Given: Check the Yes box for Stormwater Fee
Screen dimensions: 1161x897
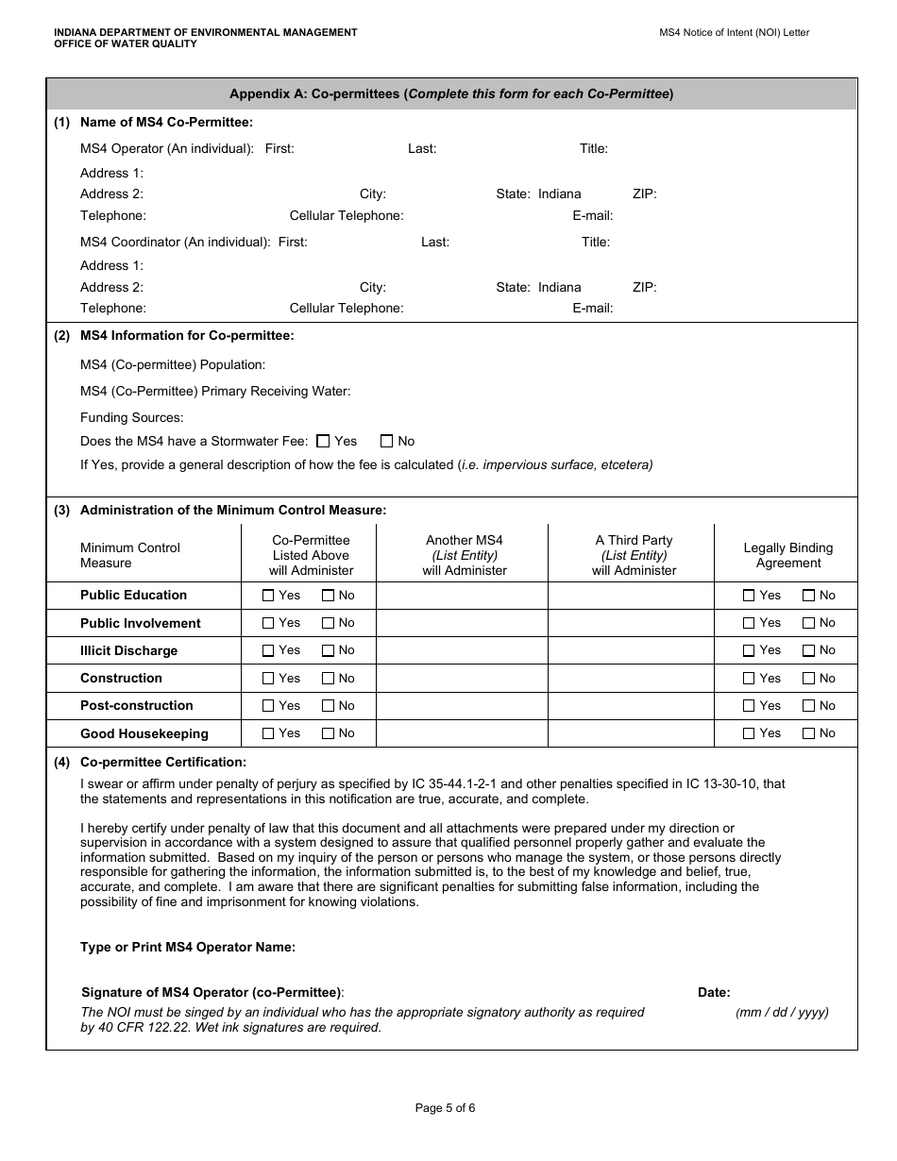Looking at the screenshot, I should tap(323, 441).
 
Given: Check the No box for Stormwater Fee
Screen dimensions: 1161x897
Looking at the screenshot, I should tap(386, 441).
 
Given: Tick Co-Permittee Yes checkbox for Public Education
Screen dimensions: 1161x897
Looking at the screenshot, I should tap(268, 596).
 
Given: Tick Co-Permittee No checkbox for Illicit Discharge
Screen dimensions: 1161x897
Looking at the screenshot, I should tap(328, 650).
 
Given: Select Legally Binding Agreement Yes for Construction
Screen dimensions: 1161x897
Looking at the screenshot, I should tap(749, 678).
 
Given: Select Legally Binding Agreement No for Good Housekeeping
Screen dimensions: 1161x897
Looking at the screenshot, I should tap(808, 733).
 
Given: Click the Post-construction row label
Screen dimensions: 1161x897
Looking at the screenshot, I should tap(136, 705).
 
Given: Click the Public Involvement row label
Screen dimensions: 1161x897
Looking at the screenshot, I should tap(140, 623).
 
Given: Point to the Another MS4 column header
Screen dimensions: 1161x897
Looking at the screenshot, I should tap(464, 555).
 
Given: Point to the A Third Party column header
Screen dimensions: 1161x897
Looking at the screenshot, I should tap(634, 555).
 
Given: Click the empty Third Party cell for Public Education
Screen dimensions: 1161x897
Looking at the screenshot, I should tap(630, 596).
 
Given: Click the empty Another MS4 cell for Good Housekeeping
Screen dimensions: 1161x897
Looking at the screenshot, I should tap(462, 733).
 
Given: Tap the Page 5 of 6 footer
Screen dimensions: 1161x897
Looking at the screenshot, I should tap(445, 1108).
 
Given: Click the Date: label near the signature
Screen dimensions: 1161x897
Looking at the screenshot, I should tap(714, 992).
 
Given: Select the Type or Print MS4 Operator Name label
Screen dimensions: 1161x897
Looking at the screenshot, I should tap(187, 947).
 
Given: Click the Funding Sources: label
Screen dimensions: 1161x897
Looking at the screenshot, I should tap(131, 417).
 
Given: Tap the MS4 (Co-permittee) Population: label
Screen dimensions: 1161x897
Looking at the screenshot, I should tap(172, 364).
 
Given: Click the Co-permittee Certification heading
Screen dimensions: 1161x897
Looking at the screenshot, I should tap(162, 762).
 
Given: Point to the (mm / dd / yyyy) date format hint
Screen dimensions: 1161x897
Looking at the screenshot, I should tap(782, 1012).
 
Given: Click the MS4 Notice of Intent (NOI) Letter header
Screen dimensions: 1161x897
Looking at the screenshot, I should tap(734, 32).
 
